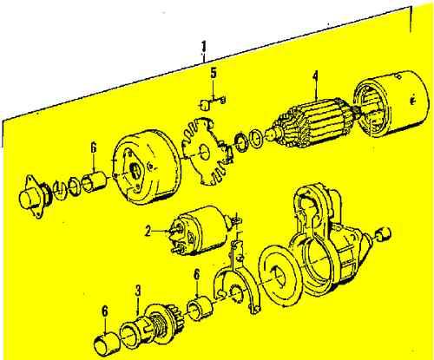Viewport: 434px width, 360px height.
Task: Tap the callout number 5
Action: coord(214,73)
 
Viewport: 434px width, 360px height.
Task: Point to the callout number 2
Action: coord(148,232)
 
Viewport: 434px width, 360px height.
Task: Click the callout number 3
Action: coord(136,290)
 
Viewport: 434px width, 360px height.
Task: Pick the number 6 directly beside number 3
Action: coord(104,311)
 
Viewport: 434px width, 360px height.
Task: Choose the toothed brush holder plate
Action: coord(204,153)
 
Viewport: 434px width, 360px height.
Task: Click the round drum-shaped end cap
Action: coord(144,165)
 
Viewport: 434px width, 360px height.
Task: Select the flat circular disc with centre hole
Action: coord(281,275)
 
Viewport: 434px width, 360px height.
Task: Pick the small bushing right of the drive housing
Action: coord(385,232)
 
